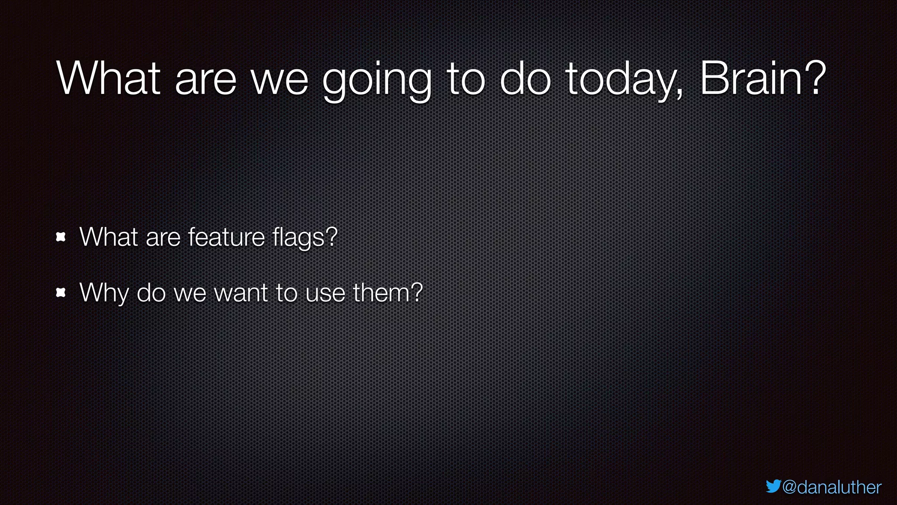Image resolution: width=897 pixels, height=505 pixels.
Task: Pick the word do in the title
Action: click(x=525, y=79)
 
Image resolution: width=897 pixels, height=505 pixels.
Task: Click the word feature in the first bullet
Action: click(x=226, y=237)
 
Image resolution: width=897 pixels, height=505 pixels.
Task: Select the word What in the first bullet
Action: click(x=109, y=237)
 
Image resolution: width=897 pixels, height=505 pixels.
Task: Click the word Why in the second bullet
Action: click(x=104, y=293)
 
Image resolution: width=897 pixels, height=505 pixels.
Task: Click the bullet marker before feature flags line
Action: click(x=61, y=237)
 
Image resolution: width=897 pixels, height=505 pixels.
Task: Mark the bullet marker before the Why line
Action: click(x=61, y=292)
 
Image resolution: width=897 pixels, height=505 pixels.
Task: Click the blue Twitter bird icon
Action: click(x=773, y=486)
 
